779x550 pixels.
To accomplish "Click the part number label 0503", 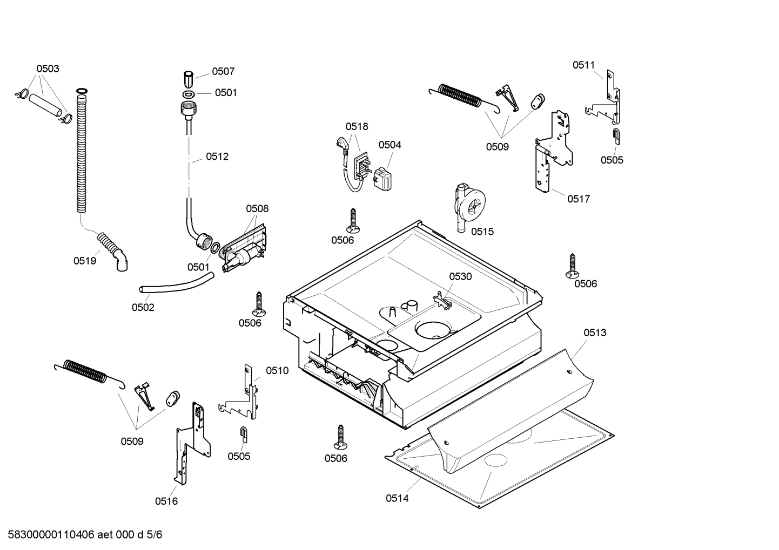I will [48, 69].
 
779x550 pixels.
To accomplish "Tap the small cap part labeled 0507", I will [189, 78].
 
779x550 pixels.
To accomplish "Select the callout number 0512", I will [217, 157].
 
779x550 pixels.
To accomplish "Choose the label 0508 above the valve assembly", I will [257, 208].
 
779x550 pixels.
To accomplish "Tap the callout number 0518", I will [357, 126].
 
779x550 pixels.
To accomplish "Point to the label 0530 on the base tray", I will [460, 276].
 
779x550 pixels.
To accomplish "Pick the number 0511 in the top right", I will [583, 65].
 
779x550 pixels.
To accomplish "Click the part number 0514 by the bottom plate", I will [397, 498].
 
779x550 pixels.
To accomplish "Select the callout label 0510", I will [277, 370].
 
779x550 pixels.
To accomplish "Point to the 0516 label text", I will [166, 501].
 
